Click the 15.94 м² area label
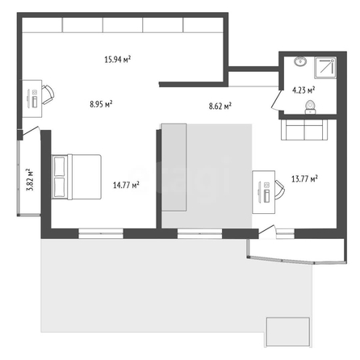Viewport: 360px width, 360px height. (x=118, y=59)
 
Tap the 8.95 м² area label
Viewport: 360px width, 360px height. (x=101, y=103)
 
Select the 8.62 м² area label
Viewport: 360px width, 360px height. (x=220, y=106)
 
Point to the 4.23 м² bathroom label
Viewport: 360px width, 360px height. (x=303, y=90)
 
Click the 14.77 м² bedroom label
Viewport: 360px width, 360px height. (x=126, y=185)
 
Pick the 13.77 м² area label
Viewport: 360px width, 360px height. (x=304, y=178)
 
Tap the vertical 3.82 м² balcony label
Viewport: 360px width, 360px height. (x=29, y=180)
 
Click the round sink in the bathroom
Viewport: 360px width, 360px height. (x=300, y=61)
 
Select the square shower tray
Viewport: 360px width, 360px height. (x=325, y=68)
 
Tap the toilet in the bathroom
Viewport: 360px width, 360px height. (x=310, y=107)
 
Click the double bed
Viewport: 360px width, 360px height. (x=76, y=177)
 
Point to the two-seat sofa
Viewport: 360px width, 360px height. (x=304, y=130)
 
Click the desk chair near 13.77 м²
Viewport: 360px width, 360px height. (x=280, y=190)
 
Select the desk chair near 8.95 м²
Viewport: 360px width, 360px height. (x=48, y=94)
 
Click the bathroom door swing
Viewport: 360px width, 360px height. (x=277, y=100)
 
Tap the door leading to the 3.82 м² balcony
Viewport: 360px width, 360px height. (x=31, y=132)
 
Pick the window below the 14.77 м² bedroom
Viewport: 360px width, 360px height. (x=101, y=233)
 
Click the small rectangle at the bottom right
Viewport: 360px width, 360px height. (x=287, y=332)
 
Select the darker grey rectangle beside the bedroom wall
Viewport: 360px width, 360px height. (x=174, y=167)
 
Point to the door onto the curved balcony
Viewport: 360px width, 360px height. (x=267, y=232)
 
